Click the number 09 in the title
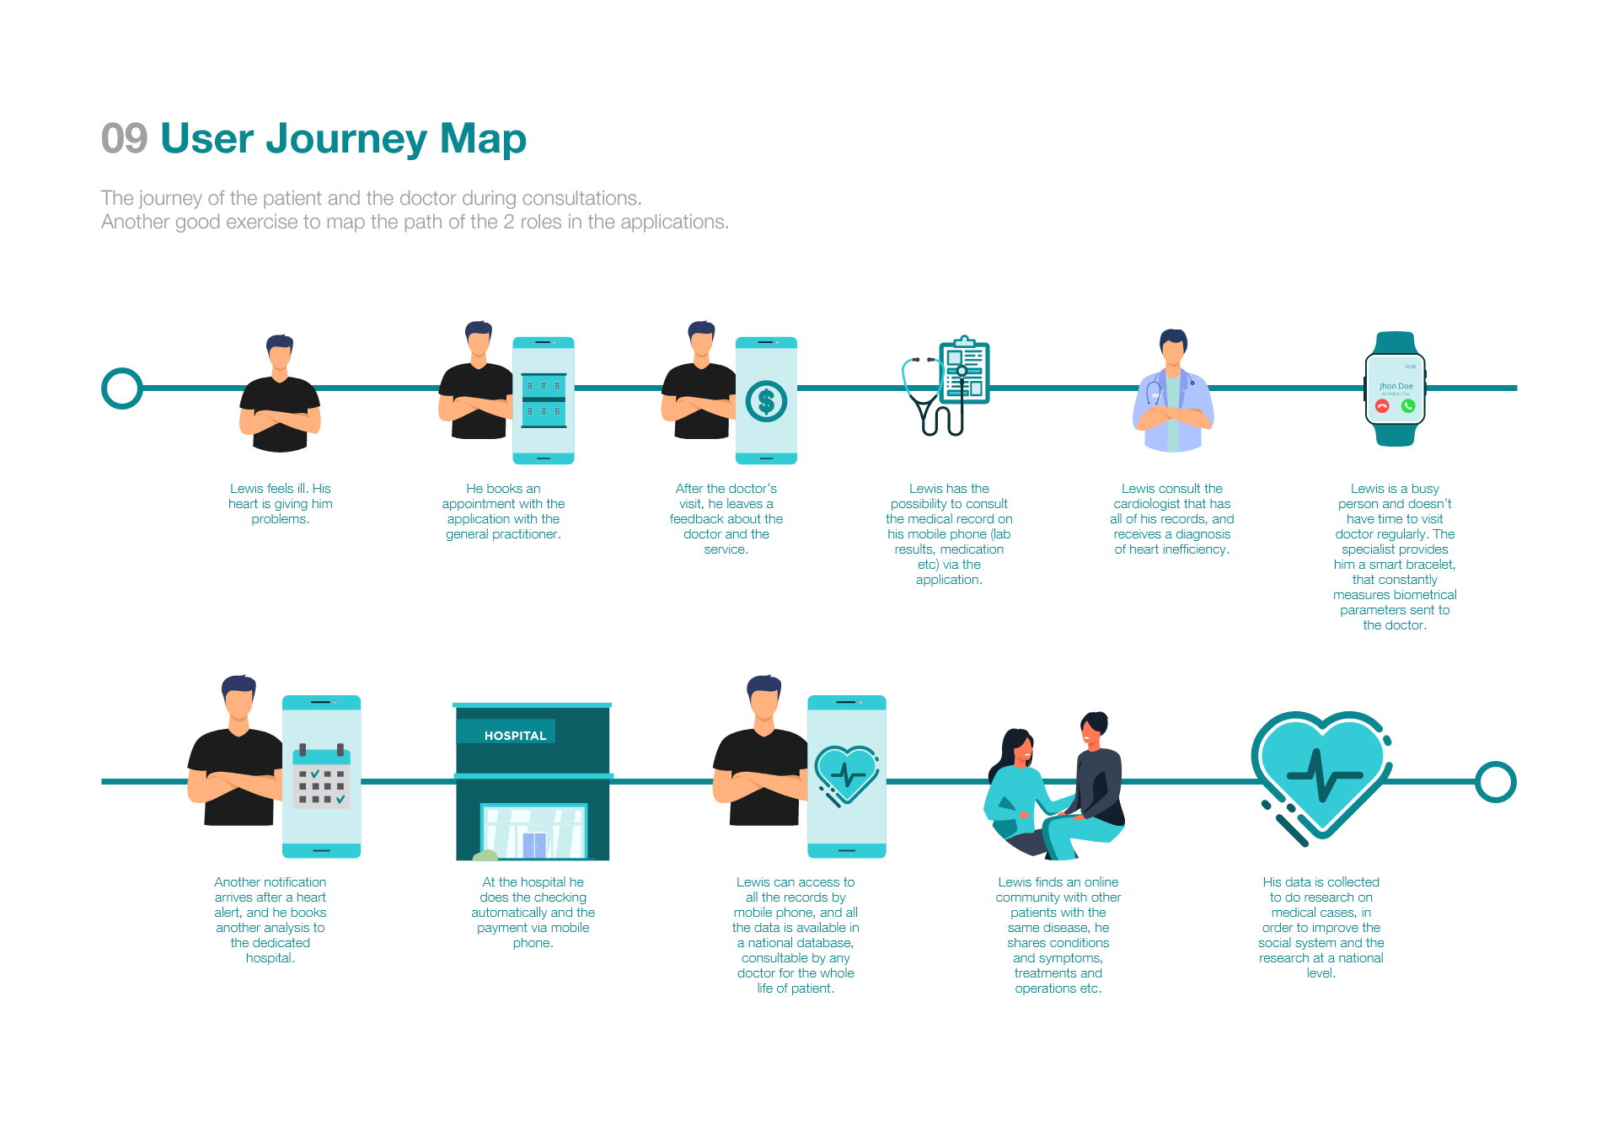[124, 138]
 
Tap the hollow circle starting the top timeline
[122, 388]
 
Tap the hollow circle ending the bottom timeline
[1496, 782]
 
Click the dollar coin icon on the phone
[766, 402]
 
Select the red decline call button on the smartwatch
[1382, 406]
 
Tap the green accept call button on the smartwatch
[1408, 406]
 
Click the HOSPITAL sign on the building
[515, 736]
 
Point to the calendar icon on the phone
[321, 777]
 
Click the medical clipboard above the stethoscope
[966, 371]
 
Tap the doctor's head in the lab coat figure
[1173, 346]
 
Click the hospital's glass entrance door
[534, 844]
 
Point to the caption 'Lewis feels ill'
[281, 503]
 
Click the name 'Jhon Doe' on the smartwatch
[1396, 386]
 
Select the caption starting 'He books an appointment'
[503, 511]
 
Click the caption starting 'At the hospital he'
[533, 912]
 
